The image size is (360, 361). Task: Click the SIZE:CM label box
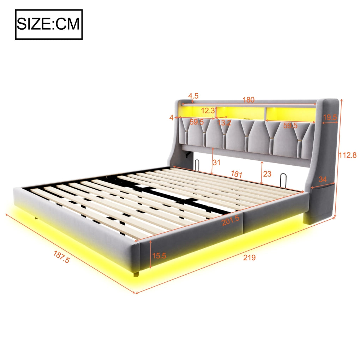(x=49, y=24)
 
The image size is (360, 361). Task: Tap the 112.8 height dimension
(x=347, y=155)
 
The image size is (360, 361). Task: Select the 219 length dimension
(x=250, y=257)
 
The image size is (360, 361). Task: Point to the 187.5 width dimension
(x=61, y=257)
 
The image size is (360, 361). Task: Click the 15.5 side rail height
(x=159, y=256)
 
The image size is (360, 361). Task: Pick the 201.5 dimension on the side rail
(x=230, y=220)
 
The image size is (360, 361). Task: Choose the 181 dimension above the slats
(x=236, y=174)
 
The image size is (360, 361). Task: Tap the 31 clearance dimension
(x=216, y=163)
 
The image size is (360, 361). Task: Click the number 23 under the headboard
(x=267, y=174)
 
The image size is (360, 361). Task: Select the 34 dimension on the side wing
(x=323, y=179)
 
